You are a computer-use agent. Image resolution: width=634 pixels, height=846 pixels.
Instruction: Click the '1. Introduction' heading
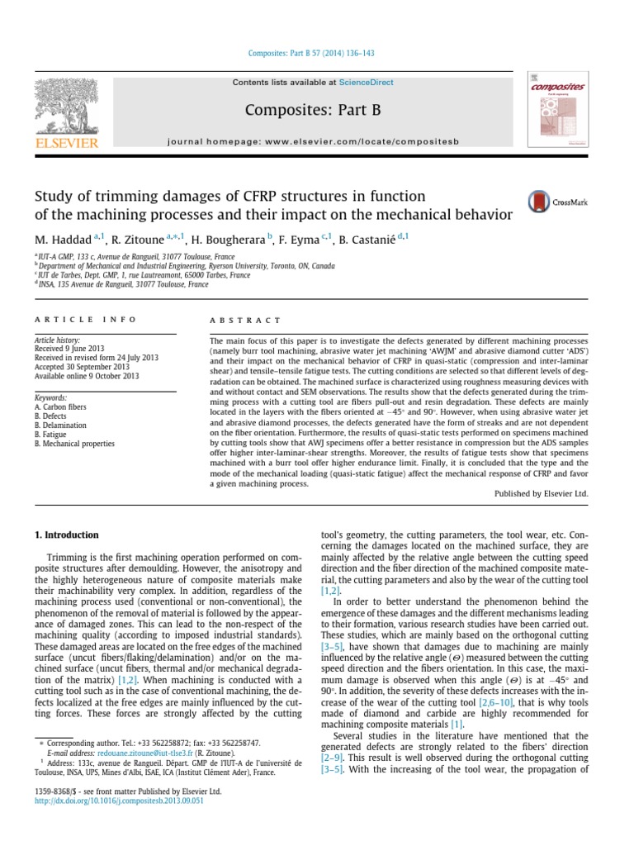67,535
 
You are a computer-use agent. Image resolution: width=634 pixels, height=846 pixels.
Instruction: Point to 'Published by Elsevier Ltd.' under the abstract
540,492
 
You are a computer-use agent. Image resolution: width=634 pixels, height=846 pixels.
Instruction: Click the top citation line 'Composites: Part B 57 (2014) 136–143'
313,54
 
